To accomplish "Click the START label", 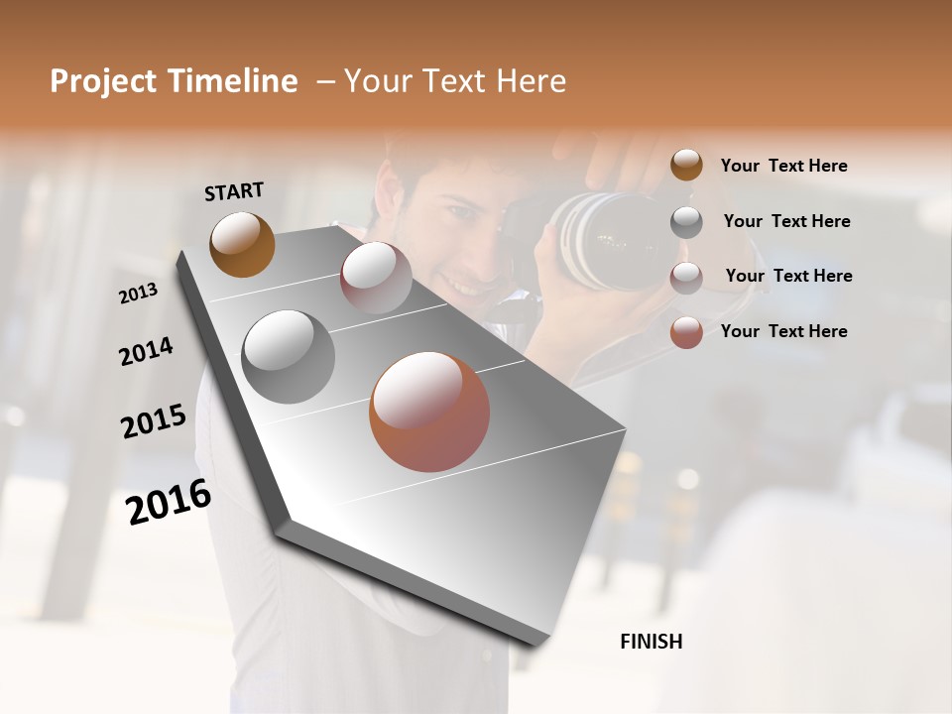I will coord(234,191).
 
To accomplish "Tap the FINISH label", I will coord(651,642).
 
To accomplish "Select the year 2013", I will coord(138,294).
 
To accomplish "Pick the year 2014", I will coord(146,352).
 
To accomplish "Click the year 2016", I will coord(168,502).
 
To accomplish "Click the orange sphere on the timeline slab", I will coord(242,244).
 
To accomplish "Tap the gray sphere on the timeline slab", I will coord(288,357).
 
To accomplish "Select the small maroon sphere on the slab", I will coord(376,277).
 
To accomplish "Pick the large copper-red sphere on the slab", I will coord(429,412).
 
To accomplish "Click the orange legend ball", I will coord(686,165).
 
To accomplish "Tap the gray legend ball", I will coord(686,221).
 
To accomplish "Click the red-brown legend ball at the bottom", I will coord(686,332).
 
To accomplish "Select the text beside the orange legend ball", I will coord(783,166).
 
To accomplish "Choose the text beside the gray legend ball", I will coord(786,221).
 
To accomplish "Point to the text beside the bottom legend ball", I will coord(783,331).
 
